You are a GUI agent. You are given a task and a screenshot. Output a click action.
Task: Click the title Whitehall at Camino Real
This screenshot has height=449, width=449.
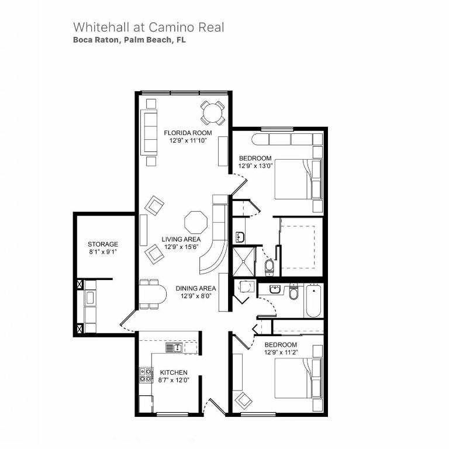(x=148, y=27)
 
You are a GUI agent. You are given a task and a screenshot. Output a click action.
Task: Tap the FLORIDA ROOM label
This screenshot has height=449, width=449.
(x=184, y=133)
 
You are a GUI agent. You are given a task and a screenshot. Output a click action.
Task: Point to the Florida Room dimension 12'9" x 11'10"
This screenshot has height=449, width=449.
(x=184, y=141)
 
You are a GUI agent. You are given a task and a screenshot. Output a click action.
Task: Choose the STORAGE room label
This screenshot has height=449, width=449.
(x=103, y=244)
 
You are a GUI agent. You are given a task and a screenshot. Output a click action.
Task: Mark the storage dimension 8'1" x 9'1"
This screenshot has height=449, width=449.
(x=103, y=253)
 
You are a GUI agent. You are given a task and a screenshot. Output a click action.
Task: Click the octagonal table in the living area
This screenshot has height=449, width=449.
(x=195, y=223)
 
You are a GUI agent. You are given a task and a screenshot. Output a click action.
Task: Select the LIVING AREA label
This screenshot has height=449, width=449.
(x=181, y=239)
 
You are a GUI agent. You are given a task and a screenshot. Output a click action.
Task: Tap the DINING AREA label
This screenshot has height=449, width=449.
(x=196, y=288)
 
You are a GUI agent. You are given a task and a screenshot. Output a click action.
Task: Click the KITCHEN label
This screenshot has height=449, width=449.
(x=174, y=372)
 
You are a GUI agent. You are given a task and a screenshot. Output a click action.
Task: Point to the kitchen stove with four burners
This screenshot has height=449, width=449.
(x=145, y=375)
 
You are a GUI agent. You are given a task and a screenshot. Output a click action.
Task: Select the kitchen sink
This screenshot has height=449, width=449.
(x=174, y=347)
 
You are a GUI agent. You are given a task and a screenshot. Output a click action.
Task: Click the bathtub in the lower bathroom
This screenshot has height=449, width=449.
(x=312, y=301)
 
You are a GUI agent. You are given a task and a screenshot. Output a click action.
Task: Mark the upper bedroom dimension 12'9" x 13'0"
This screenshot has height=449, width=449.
(x=255, y=166)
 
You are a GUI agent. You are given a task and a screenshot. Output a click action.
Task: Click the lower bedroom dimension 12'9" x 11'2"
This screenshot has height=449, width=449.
(x=281, y=353)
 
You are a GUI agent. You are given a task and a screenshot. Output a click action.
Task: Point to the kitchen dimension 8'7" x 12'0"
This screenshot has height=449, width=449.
(x=174, y=381)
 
